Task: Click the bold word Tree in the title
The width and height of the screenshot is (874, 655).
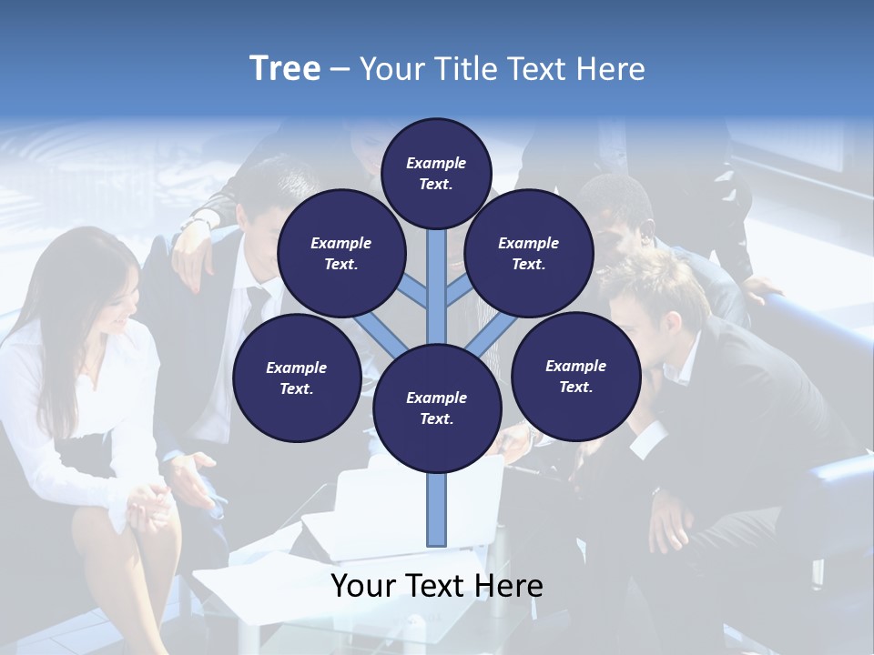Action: (x=285, y=69)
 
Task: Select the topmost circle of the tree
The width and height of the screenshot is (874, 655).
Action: (x=436, y=173)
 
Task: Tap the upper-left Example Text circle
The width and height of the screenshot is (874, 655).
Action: (x=340, y=254)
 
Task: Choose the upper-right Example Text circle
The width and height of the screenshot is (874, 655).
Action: (x=528, y=254)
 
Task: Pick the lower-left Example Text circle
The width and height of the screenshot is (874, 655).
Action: (x=296, y=378)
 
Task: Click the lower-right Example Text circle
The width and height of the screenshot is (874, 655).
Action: (x=575, y=376)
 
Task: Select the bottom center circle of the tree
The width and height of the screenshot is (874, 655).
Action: (x=436, y=408)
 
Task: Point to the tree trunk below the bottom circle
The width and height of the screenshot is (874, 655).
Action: (x=436, y=509)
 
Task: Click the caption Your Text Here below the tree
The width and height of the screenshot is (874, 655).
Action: (x=436, y=586)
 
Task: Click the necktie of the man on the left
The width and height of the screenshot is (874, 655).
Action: (x=256, y=300)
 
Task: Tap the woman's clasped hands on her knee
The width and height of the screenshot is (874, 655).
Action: (x=146, y=505)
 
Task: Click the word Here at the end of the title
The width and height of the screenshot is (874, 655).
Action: (x=615, y=69)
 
